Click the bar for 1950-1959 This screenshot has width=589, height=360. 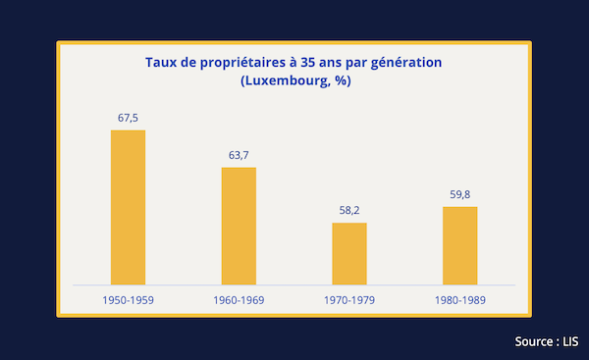[x=128, y=208]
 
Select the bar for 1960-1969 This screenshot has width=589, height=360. [x=239, y=226]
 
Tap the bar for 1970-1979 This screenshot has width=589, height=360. [x=349, y=254]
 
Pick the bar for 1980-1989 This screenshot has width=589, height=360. [x=460, y=246]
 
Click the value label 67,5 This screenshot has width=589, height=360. [x=128, y=119]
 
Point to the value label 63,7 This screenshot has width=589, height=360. [x=239, y=155]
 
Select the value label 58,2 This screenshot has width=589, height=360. [x=349, y=211]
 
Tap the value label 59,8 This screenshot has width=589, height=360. [x=460, y=195]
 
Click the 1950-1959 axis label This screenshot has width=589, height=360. [x=128, y=300]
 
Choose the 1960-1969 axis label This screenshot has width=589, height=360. [x=239, y=300]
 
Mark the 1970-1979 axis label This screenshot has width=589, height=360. [x=349, y=300]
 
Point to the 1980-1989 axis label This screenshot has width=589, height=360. [x=460, y=300]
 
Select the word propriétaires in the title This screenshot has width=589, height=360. [x=242, y=64]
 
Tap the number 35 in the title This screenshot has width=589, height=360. [x=307, y=63]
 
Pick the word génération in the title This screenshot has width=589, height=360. [x=406, y=64]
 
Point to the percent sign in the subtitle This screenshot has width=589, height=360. [x=341, y=80]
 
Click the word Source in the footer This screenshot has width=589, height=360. [x=534, y=341]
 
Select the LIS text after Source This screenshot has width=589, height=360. [x=570, y=341]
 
